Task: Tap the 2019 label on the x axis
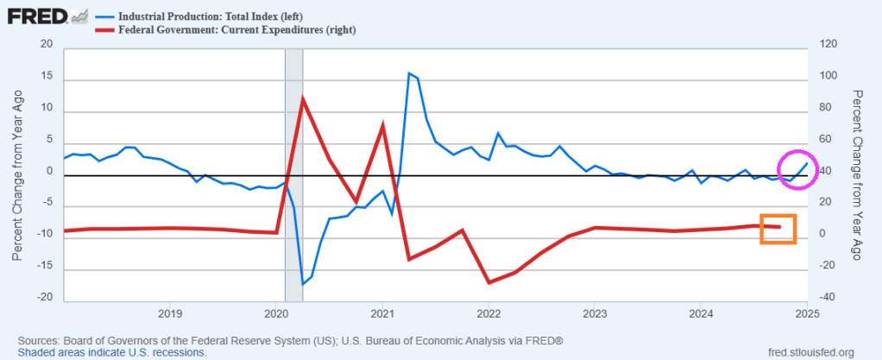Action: click(x=169, y=312)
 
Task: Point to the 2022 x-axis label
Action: click(x=488, y=312)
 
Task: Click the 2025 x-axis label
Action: click(x=806, y=312)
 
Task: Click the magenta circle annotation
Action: click(x=797, y=168)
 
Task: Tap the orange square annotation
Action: click(x=778, y=229)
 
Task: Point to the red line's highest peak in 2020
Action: click(x=303, y=98)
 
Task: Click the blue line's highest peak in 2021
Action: click(x=408, y=73)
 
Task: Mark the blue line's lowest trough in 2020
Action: click(x=303, y=283)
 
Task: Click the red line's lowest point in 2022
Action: click(x=488, y=282)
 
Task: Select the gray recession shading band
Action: click(x=293, y=173)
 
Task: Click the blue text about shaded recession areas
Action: click(x=112, y=352)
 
